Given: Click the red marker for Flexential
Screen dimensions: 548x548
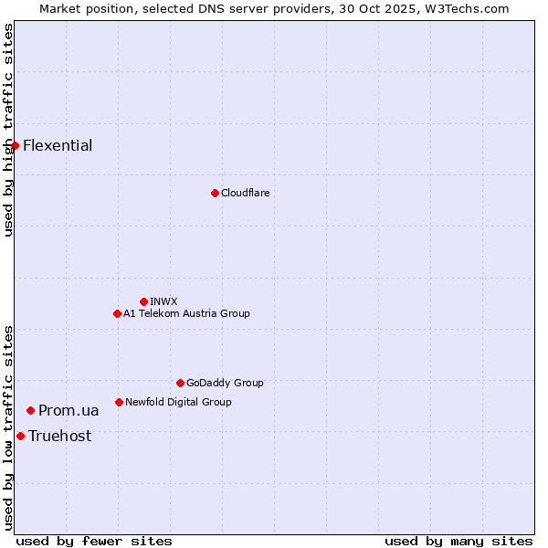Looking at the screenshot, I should pos(15,145).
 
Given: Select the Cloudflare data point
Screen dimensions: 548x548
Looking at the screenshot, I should pos(215,193).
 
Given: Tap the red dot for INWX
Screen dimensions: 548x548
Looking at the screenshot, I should pos(143,301).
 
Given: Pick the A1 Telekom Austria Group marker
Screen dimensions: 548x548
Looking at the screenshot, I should pos(117,313).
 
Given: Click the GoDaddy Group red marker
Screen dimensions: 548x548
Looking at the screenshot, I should pos(180,383).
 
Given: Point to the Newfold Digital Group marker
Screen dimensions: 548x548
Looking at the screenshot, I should pos(119,402).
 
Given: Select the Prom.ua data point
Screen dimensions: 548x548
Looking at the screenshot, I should pos(30,411).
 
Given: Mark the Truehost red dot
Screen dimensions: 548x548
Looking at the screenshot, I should pos(20,436).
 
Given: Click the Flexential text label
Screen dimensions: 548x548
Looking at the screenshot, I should pos(58,145).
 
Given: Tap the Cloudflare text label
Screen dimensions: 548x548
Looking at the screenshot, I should pos(245,193).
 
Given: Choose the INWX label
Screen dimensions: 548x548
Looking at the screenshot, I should pos(163,301).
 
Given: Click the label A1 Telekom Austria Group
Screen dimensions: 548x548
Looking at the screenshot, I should pos(186,313).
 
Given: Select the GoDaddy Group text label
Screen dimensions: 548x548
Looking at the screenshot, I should pos(225,383).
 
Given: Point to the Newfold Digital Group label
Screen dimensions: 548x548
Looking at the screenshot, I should pos(178,402).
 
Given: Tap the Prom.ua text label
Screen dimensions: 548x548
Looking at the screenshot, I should pos(68,411).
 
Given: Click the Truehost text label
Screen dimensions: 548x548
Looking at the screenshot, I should pos(59,436).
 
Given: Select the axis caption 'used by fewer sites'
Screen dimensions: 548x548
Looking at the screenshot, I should pos(94,541).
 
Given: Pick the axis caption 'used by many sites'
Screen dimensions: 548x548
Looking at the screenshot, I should pos(458,541).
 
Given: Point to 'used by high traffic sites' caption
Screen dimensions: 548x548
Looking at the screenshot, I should pos(8,130).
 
